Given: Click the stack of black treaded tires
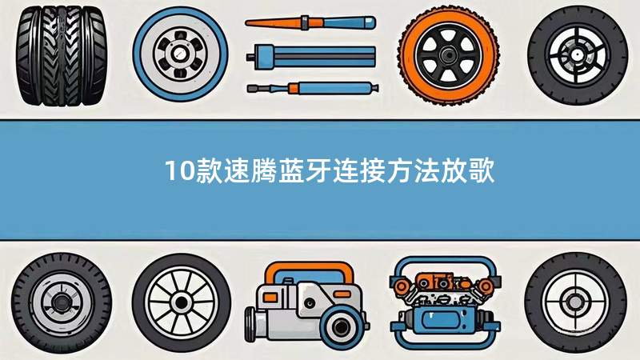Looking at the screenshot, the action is (62, 55).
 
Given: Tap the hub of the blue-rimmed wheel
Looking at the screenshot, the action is (180, 54).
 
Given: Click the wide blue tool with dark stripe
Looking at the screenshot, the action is (311, 56).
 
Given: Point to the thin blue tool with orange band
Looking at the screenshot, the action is (313, 88).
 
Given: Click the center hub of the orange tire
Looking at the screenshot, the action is (448, 54).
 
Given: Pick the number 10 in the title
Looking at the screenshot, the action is (178, 170).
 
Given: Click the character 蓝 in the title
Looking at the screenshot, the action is (291, 170).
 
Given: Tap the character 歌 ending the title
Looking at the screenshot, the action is (482, 170).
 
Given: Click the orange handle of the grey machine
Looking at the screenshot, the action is (309, 271).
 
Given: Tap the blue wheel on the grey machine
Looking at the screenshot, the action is (341, 326).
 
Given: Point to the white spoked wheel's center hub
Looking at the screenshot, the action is (182, 302).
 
